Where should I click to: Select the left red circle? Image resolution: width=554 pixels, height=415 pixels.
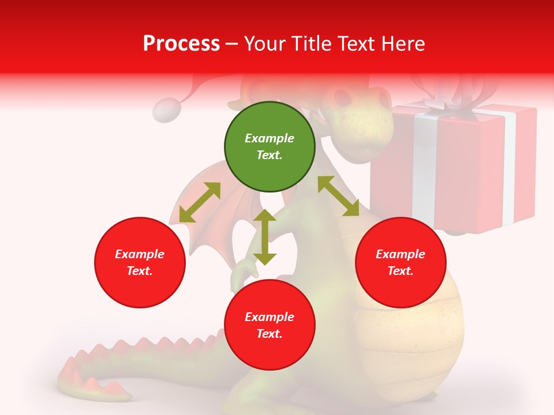pos(140,262)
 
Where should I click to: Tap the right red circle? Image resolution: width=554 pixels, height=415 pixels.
pos(400,262)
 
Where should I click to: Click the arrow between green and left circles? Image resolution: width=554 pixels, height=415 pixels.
pos(200,202)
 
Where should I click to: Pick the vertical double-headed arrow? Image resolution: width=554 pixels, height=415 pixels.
pos(265,237)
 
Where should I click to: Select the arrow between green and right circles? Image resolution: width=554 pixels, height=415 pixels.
pos(338,196)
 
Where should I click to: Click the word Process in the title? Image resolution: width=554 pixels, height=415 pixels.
pos(181,43)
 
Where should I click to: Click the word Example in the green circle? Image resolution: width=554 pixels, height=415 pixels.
pos(269,138)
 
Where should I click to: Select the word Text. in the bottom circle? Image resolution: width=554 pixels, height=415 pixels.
pos(269,334)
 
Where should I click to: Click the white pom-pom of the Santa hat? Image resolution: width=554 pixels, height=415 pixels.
pos(167,110)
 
